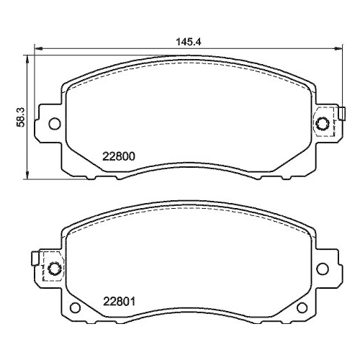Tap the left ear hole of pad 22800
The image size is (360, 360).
tap(53, 125)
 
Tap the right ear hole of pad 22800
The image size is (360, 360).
tap(323, 125)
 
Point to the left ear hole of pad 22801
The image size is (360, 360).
tap(53, 269)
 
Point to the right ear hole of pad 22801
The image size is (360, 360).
tap(323, 269)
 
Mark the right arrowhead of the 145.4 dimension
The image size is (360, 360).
tap(339, 49)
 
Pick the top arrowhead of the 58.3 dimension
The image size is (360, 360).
tap(27, 56)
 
